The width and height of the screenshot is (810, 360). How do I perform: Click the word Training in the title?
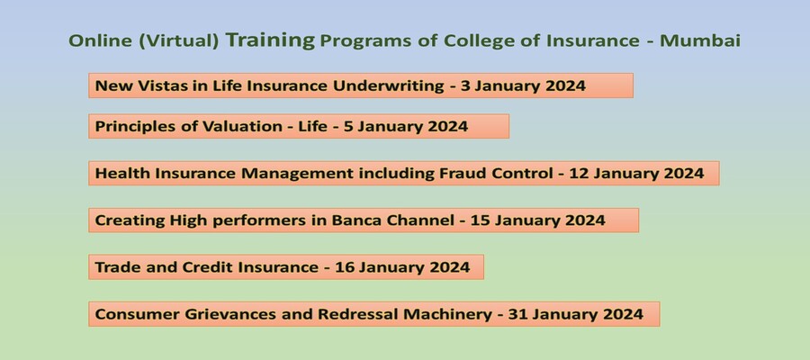tap(270, 40)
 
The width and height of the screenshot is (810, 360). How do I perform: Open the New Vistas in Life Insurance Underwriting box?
tap(360, 85)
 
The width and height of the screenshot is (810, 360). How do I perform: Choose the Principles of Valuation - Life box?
tap(299, 126)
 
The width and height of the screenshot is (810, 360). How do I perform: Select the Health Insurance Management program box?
tap(404, 173)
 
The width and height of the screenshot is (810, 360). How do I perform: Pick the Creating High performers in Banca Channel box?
tap(364, 220)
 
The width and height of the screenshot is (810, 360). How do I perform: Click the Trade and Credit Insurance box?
tap(286, 267)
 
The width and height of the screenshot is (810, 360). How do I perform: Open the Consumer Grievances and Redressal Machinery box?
tap(374, 314)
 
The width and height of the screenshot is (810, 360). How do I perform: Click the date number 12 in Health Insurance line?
tap(580, 173)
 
